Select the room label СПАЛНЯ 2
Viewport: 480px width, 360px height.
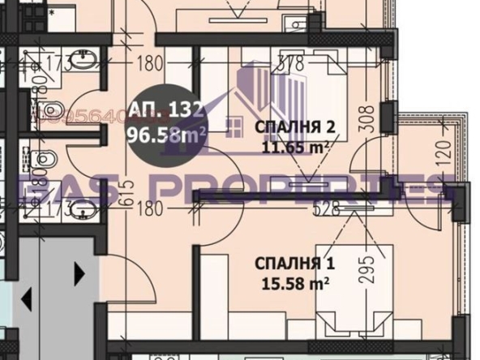click(x=294, y=127)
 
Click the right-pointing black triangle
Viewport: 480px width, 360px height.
click(x=79, y=274)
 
